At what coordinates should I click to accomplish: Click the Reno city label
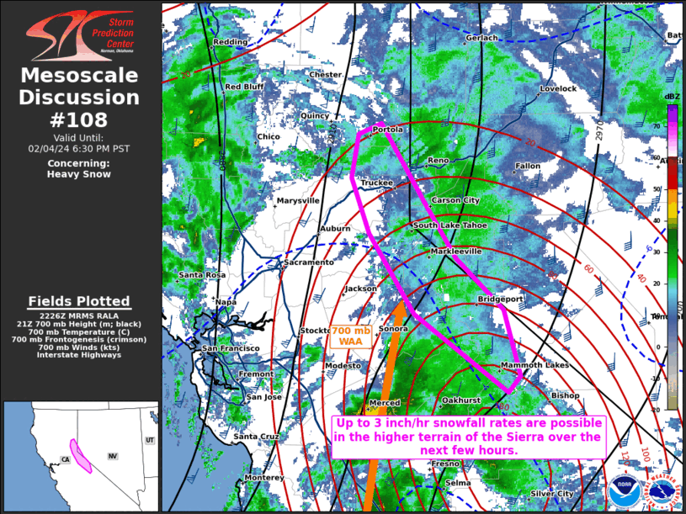pos(439,160)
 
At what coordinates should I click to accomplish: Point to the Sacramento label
pos(309,262)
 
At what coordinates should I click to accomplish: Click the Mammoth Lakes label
pos(534,365)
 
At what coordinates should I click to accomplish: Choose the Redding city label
pos(231,41)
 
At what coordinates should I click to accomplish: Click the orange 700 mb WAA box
pos(350,336)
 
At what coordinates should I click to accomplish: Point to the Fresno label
pos(445,464)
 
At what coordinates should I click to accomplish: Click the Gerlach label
pos(482,38)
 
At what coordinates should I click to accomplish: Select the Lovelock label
pos(558,88)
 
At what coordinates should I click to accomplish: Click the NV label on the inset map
pos(112,456)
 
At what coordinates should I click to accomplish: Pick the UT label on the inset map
pos(150,440)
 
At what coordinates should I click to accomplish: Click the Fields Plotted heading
pos(79,301)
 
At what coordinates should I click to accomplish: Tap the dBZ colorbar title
pos(672,97)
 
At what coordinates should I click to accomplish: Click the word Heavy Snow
pos(79,174)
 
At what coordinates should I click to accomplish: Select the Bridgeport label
pos(501,299)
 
